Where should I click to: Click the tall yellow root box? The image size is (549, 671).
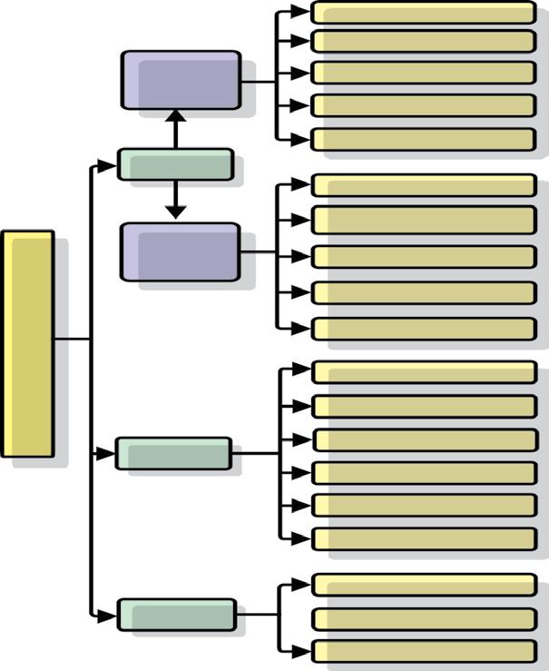click(x=27, y=343)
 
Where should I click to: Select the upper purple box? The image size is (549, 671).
click(x=181, y=80)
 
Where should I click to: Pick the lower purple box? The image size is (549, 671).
click(x=181, y=252)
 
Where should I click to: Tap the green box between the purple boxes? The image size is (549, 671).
click(x=175, y=164)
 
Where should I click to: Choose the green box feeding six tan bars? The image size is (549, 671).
click(x=173, y=453)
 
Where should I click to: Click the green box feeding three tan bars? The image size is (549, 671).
click(x=177, y=615)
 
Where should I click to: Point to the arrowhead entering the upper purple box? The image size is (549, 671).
click(x=176, y=115)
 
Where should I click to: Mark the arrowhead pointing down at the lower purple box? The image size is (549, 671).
click(x=176, y=212)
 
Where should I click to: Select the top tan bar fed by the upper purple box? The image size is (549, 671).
click(x=424, y=13)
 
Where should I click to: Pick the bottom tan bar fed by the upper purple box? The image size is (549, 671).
click(x=424, y=139)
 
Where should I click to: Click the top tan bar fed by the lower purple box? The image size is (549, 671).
click(x=424, y=185)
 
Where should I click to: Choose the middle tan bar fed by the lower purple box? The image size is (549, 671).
click(x=424, y=256)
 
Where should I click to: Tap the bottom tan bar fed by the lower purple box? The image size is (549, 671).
click(x=424, y=329)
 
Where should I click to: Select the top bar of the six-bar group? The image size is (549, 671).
click(x=424, y=372)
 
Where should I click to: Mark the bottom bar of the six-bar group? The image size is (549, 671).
click(x=424, y=538)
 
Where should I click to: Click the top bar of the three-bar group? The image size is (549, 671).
click(x=424, y=585)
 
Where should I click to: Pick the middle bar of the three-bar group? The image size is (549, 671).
click(x=424, y=618)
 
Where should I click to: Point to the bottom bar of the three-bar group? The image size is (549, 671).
click(x=424, y=651)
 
